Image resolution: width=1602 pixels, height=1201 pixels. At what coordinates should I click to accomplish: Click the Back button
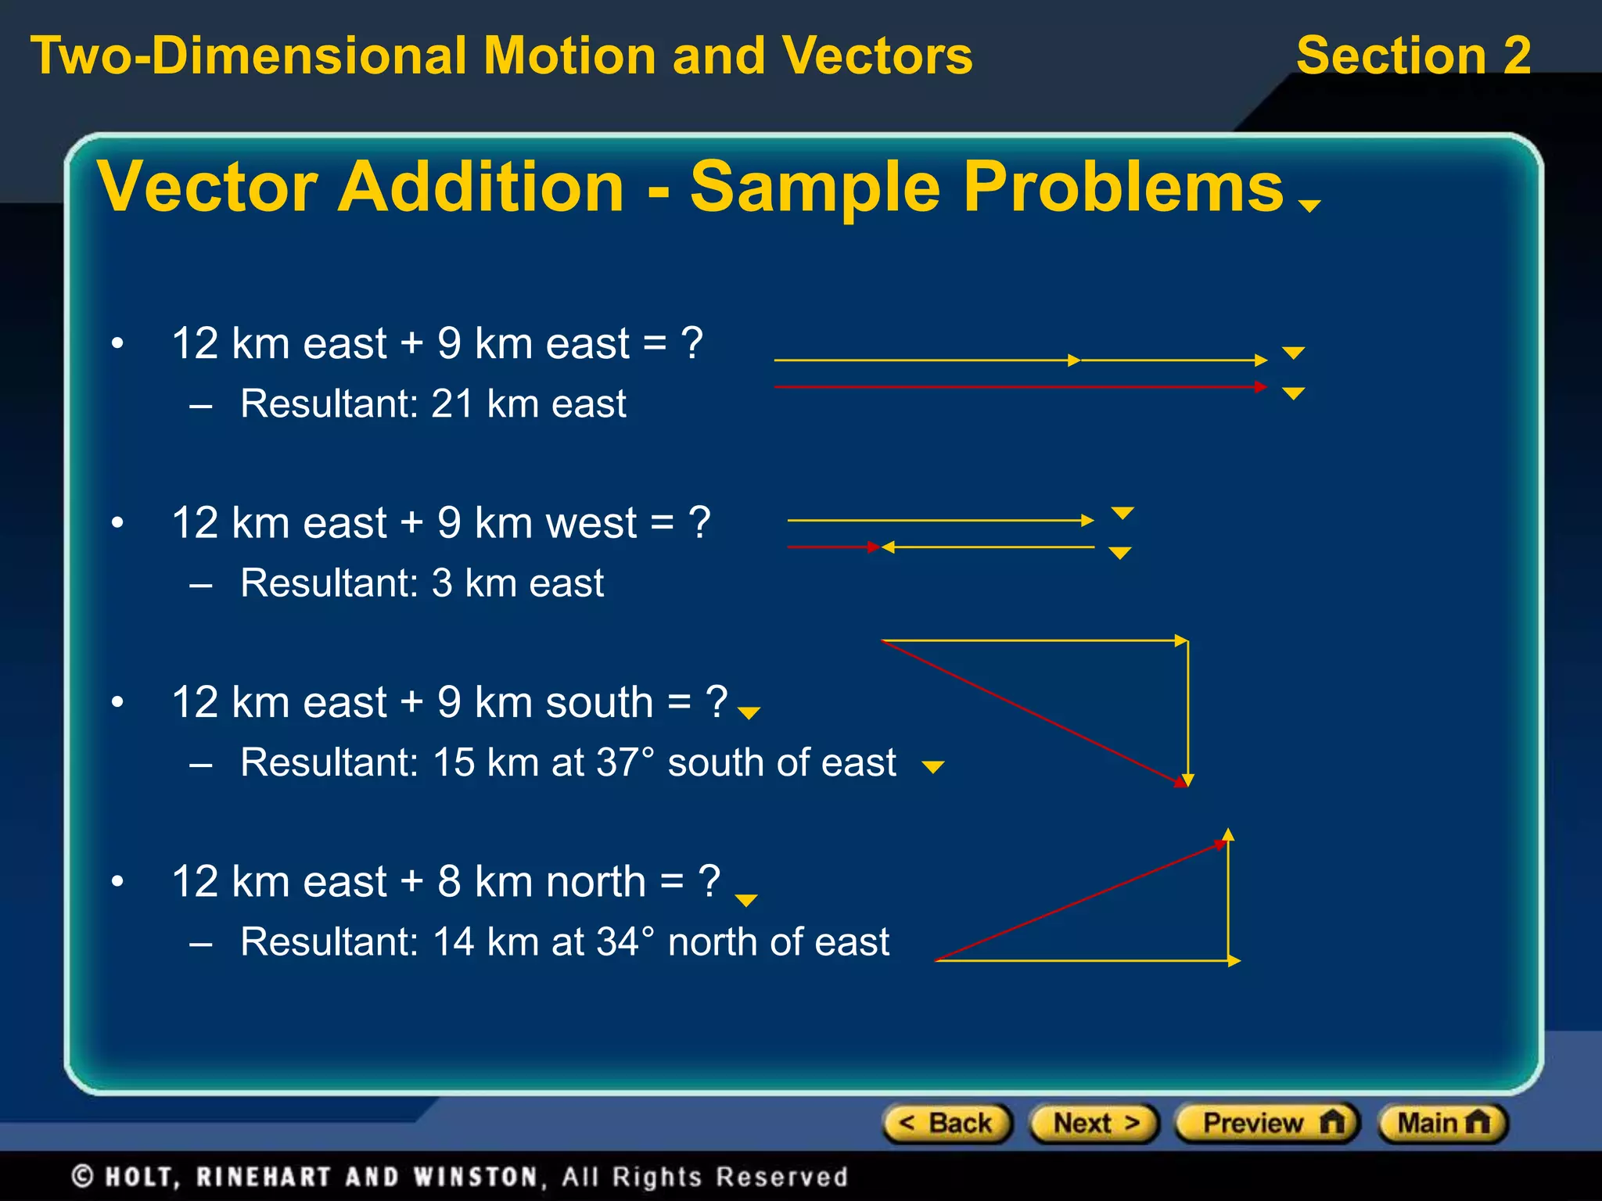click(x=946, y=1124)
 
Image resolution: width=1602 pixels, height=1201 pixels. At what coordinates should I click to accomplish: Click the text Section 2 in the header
click(x=1413, y=56)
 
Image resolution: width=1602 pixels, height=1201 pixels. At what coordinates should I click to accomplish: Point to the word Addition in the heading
click(x=480, y=188)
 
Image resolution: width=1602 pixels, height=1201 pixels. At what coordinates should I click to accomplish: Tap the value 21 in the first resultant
click(x=453, y=404)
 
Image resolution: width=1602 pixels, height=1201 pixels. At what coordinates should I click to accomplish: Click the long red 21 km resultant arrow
click(x=1017, y=387)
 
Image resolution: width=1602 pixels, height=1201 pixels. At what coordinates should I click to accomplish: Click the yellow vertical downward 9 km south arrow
click(x=1187, y=712)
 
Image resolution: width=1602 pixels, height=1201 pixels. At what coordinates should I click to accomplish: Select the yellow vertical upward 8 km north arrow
click(x=1228, y=899)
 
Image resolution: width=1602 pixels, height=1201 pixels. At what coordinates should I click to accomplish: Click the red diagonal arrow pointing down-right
click(x=1033, y=713)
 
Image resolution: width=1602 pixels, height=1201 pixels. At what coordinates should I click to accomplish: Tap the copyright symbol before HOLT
click(x=83, y=1177)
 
